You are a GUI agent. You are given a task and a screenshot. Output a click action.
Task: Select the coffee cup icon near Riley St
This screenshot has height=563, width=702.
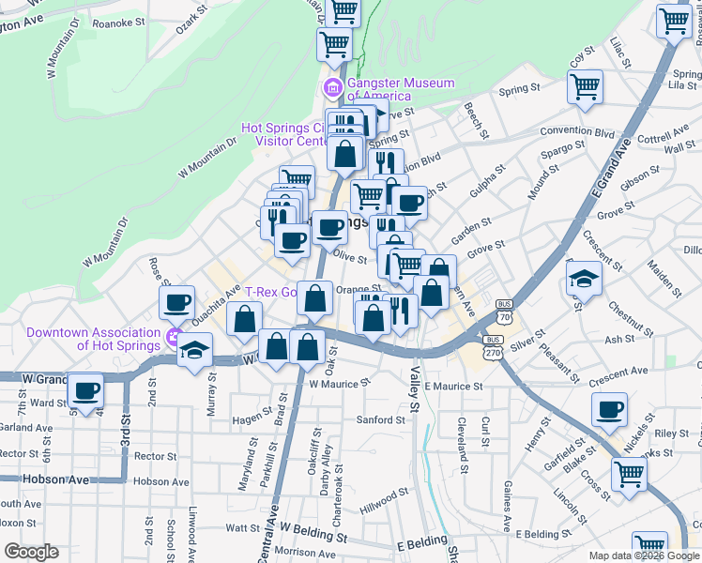610,408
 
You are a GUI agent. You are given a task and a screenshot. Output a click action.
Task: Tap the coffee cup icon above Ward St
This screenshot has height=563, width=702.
86,389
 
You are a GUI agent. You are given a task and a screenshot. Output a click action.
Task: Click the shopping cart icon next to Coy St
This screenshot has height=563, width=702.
586,86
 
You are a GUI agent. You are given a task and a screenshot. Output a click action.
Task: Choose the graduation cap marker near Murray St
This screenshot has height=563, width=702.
195,350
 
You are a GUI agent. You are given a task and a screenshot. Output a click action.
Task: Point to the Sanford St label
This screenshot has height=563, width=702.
380,419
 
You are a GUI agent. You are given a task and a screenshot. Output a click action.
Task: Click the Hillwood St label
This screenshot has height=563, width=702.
386,491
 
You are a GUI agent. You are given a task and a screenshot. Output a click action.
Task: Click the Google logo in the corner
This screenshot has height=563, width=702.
31,552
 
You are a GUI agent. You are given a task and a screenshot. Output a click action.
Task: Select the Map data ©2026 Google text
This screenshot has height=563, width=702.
643,555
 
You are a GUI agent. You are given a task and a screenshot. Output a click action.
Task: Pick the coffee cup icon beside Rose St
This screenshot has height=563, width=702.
176,303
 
